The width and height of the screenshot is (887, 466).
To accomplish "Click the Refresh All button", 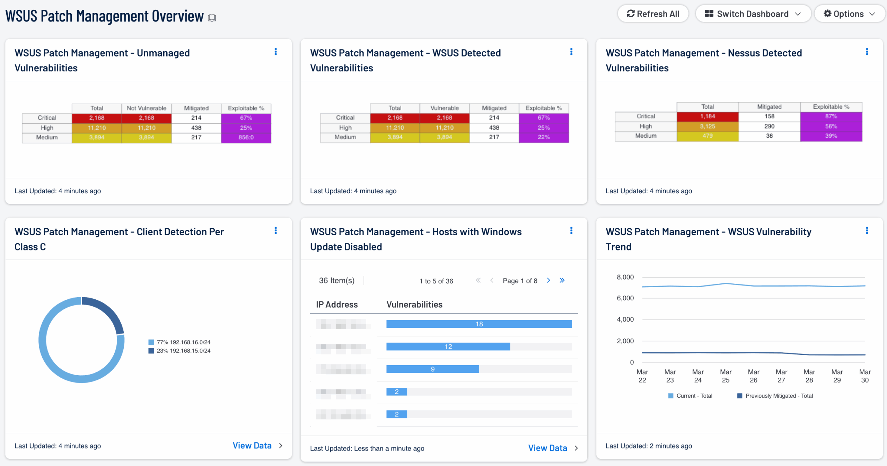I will tap(653, 14).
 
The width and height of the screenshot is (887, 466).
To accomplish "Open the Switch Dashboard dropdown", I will tap(753, 14).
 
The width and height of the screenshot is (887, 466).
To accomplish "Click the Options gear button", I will tap(849, 14).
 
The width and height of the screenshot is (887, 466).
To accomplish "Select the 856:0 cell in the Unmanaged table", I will tap(246, 138).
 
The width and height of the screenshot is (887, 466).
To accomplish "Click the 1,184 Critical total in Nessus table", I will tap(708, 116).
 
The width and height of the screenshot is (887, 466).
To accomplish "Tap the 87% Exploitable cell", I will tap(831, 116).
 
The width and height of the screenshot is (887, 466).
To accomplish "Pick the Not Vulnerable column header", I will tap(146, 108).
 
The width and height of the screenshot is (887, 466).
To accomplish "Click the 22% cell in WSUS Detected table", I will tap(544, 137).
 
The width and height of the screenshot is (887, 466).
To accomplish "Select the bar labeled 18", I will tap(479, 324).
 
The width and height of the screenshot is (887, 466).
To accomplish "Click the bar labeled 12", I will tap(448, 346).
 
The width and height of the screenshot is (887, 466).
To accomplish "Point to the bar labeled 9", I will tap(432, 369).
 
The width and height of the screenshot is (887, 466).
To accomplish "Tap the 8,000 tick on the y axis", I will tap(625, 277).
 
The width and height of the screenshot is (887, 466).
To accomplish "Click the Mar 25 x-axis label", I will tap(726, 376).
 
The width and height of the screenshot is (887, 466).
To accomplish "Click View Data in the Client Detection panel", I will tap(252, 446).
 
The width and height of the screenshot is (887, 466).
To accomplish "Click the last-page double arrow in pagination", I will tap(562, 280).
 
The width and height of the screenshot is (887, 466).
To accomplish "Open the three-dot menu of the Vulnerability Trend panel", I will tap(867, 231).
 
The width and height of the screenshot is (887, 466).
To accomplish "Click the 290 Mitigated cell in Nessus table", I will tap(769, 126).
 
